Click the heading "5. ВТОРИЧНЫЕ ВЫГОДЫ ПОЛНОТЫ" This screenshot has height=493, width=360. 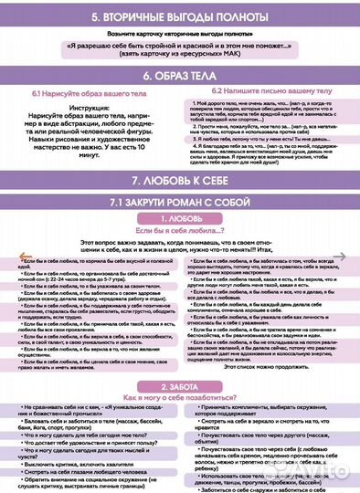click(x=180, y=17)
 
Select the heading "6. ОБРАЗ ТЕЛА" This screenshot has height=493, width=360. click(x=180, y=77)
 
